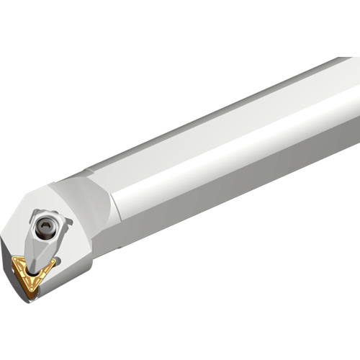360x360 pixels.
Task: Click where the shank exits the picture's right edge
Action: click(x=356, y=108)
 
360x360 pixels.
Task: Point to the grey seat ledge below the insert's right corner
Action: click(x=61, y=277)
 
